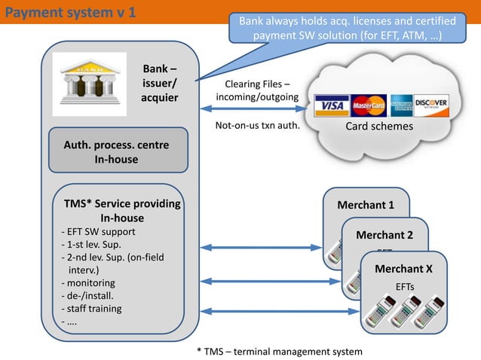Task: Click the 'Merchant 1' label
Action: click(x=366, y=205)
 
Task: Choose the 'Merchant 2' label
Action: click(x=384, y=235)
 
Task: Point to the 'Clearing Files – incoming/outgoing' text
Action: click(x=257, y=91)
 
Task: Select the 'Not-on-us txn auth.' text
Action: click(x=258, y=126)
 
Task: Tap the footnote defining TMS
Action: click(x=278, y=351)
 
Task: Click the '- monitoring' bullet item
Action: click(x=88, y=283)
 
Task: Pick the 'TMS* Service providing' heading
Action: click(x=122, y=204)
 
